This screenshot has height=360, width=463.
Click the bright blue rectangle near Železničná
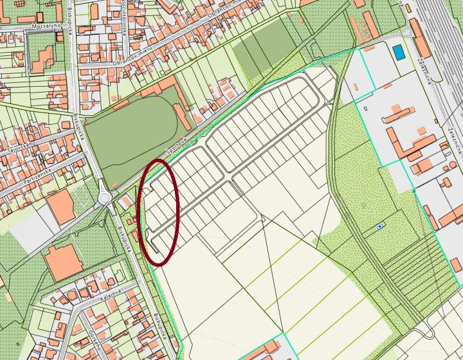point(399,51)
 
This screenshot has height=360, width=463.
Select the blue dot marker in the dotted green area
point(381,226)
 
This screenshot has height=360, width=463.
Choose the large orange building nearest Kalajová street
point(62,262)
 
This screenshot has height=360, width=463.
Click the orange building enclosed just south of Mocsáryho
point(43,59)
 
